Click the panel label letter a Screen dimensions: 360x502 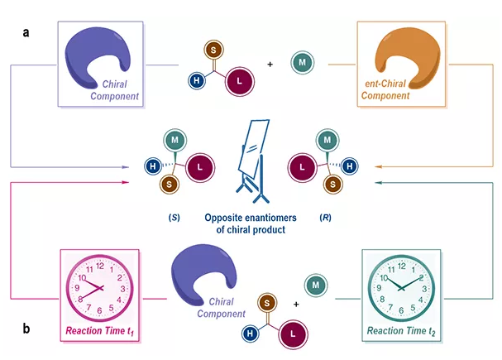coord(27,32)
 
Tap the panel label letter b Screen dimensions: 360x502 coord(27,329)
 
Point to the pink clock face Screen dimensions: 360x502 coord(99,286)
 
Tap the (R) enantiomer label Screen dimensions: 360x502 coord(326,218)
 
